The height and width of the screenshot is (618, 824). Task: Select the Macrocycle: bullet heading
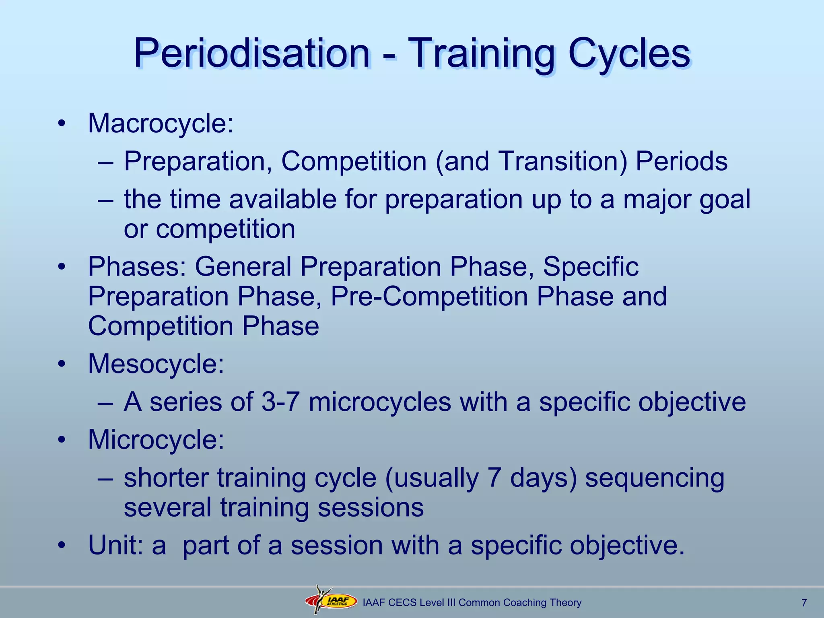[x=161, y=123]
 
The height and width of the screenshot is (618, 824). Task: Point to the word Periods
[x=681, y=161]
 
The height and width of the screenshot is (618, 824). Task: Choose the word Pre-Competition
[x=429, y=297]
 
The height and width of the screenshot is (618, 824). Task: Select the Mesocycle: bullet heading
[x=156, y=364]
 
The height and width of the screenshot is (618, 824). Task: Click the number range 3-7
[x=280, y=402]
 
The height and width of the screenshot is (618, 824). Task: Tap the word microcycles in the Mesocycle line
[x=379, y=402]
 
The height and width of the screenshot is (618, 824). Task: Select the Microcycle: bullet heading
[x=156, y=439]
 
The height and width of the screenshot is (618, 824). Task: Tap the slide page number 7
[x=804, y=603]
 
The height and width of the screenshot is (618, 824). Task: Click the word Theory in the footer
[x=566, y=603]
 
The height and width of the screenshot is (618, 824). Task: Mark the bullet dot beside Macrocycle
[x=61, y=124]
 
